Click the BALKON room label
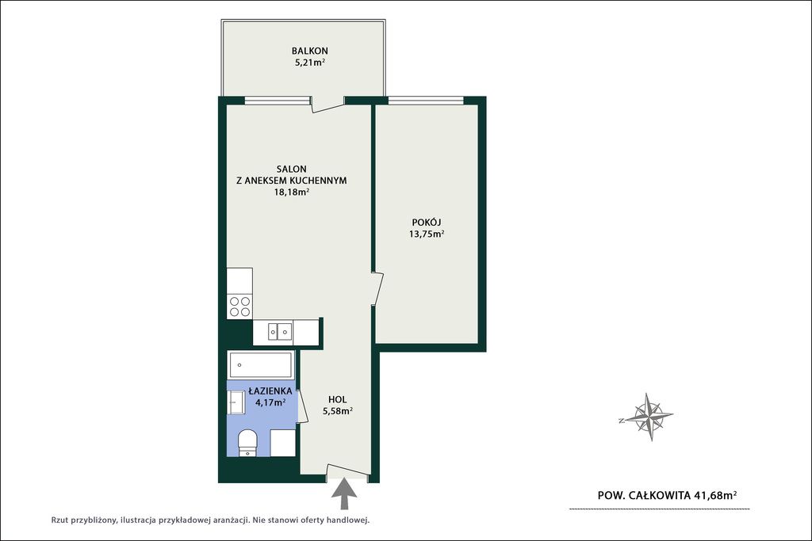[x=310, y=51]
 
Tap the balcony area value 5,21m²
[x=310, y=63]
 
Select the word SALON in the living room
[x=292, y=169]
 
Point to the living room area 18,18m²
[x=292, y=192]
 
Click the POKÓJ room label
[x=426, y=222]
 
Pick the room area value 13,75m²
[x=427, y=234]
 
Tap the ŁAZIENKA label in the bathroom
[x=270, y=391]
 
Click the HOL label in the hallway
[x=338, y=399]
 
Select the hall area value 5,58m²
[x=338, y=411]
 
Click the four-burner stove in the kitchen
[x=239, y=307]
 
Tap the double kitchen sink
[x=280, y=331]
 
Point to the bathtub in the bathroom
[x=260, y=365]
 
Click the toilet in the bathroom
[x=247, y=443]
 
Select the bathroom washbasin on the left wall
[x=236, y=402]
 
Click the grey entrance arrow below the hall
[x=343, y=495]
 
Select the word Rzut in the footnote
[x=60, y=520]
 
